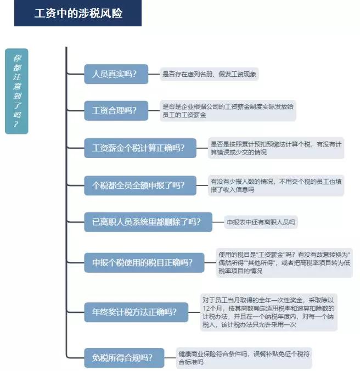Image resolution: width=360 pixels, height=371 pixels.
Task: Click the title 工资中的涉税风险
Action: (78, 13)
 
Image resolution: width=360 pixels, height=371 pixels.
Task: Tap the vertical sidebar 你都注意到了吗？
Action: (16, 91)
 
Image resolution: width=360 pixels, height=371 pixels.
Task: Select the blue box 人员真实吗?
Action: (116, 74)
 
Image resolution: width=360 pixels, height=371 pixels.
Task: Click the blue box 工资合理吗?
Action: (116, 110)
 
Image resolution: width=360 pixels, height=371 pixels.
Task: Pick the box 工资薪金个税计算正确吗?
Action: (140, 148)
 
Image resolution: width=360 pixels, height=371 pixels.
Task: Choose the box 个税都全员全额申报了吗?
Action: (140, 185)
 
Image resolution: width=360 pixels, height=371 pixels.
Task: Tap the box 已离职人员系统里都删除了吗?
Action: (148, 222)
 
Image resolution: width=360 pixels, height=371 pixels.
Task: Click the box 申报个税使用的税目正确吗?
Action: (144, 263)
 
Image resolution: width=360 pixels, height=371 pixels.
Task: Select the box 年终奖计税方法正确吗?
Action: (136, 312)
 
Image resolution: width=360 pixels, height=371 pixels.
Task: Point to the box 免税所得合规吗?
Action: (124, 358)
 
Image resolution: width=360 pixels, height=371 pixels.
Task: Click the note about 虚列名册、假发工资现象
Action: (209, 74)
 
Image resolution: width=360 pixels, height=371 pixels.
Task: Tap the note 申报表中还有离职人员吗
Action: (261, 222)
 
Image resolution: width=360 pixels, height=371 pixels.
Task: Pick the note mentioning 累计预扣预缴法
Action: (276, 148)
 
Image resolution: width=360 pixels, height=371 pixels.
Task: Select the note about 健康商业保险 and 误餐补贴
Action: (244, 358)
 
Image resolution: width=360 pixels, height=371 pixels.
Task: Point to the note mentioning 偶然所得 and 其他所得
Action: (284, 263)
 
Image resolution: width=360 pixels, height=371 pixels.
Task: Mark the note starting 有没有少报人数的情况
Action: (276, 185)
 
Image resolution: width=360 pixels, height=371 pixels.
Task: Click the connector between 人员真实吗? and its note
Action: (154, 74)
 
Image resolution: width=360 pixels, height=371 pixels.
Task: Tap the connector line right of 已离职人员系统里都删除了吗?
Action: (218, 222)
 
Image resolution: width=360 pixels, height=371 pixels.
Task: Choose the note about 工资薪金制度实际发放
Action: (228, 110)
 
